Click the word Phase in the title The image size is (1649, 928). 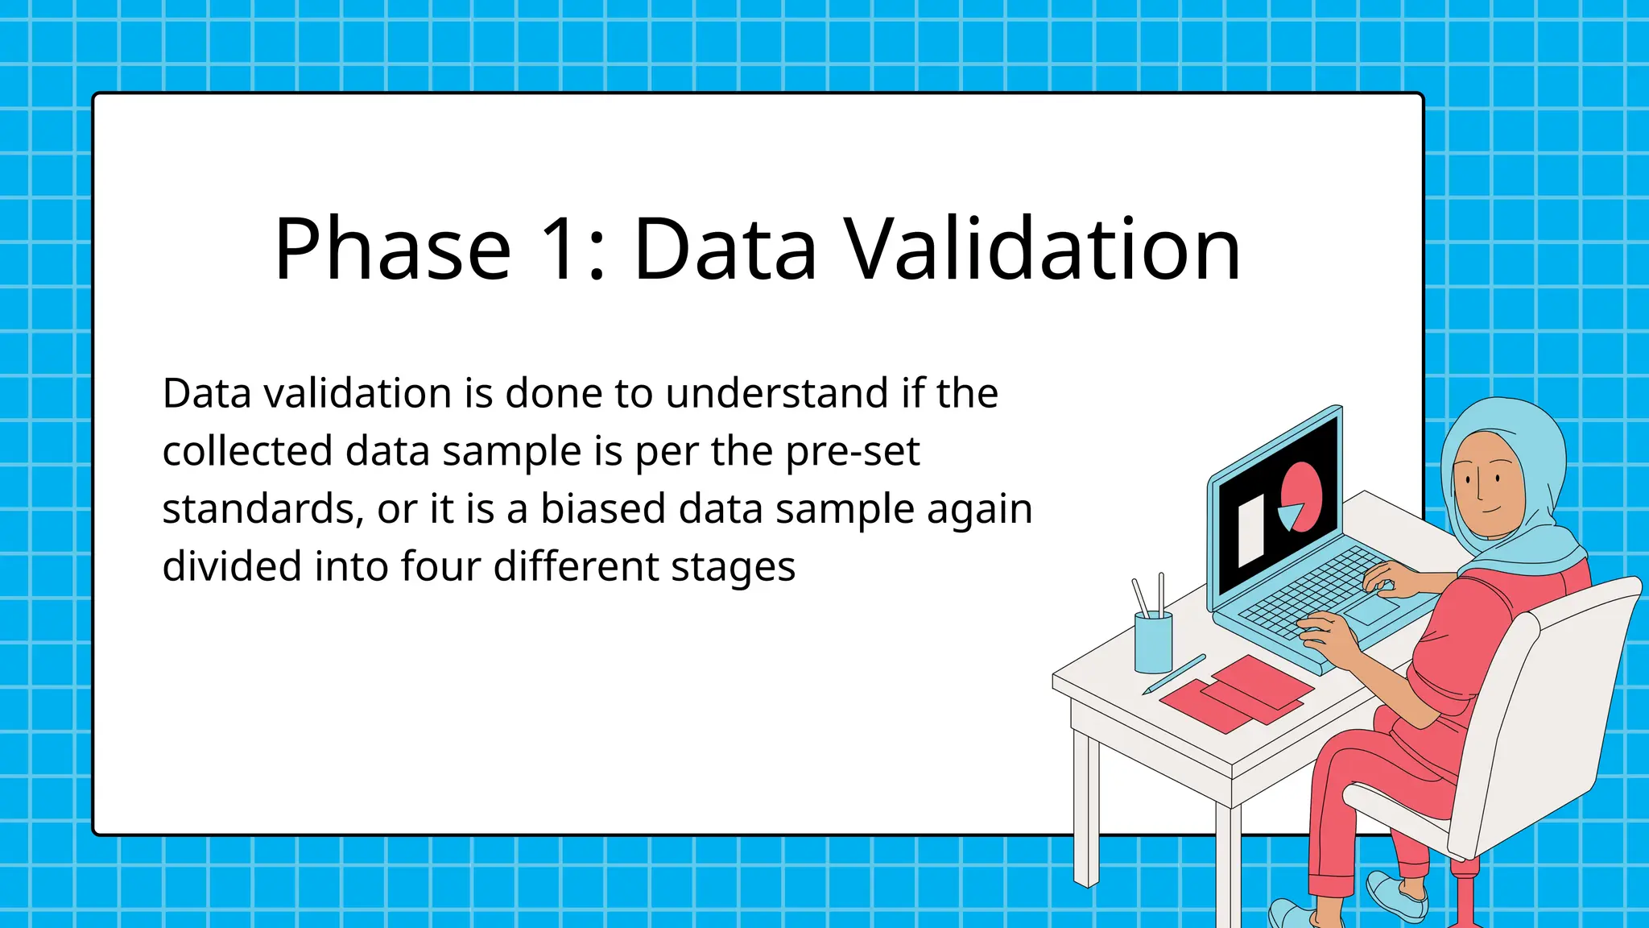pos(392,250)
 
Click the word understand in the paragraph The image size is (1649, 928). pos(777,394)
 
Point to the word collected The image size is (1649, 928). pos(247,451)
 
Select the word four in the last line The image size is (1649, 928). pos(441,566)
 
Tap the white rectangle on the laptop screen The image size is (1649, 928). pos(1250,531)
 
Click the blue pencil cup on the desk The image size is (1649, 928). pos(1153,642)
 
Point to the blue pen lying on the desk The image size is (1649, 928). pos(1175,674)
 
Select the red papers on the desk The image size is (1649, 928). pos(1236,694)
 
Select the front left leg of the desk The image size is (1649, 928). pos(1085,806)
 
